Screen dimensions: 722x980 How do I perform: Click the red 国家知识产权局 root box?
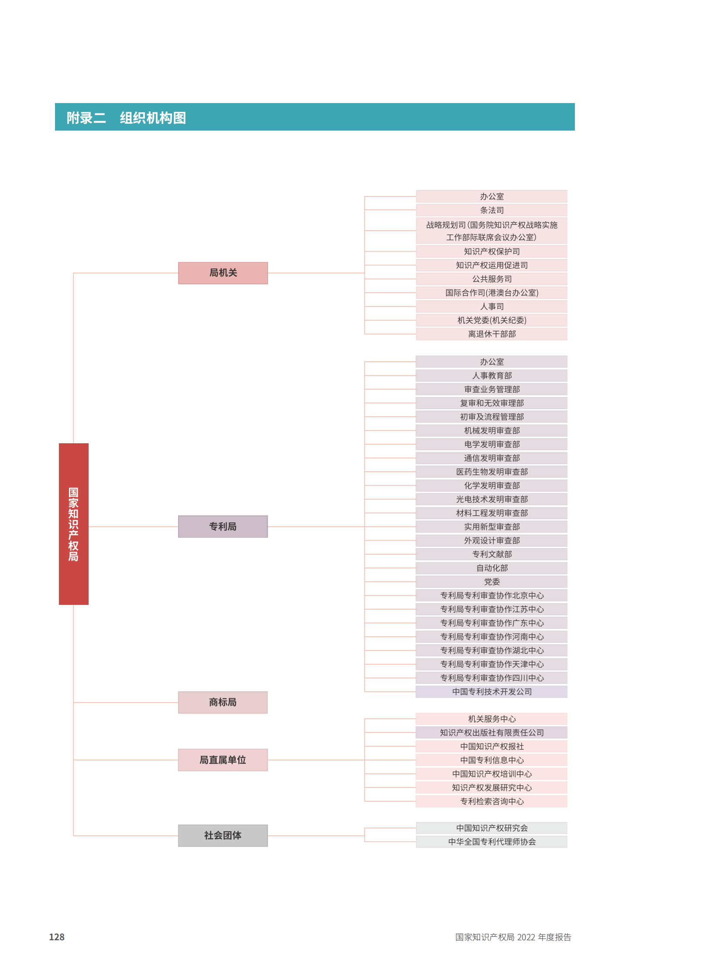(73, 524)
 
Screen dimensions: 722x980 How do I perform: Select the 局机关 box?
(223, 273)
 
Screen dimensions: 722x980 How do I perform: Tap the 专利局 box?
(223, 527)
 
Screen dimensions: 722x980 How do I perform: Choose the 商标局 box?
(223, 702)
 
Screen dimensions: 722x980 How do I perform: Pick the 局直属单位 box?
(223, 760)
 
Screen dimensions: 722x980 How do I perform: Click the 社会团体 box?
(223, 836)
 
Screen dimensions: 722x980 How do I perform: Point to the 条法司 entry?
(492, 210)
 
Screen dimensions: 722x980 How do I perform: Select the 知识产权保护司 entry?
(492, 252)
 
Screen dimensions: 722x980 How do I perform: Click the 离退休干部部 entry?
(492, 334)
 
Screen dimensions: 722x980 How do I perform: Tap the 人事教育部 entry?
(492, 376)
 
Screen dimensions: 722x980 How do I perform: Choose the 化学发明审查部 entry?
(492, 485)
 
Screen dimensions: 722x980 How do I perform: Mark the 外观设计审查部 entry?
(492, 541)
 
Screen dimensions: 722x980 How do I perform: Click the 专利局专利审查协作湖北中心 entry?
(492, 650)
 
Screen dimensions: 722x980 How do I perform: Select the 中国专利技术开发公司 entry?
(492, 692)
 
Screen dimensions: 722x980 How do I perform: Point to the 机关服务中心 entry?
(492, 719)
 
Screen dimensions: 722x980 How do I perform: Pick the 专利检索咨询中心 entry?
(492, 801)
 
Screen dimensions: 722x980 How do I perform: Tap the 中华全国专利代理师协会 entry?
(492, 842)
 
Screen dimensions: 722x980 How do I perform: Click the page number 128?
(57, 937)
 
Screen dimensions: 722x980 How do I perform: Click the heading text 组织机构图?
(153, 117)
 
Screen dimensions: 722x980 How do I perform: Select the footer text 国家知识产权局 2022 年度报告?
(513, 937)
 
